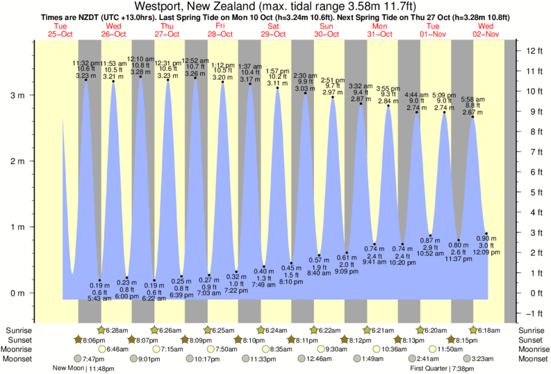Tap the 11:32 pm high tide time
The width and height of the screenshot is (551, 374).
tap(85, 62)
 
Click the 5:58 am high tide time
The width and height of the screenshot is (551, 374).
tap(473, 98)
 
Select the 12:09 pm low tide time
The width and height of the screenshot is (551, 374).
tap(486, 253)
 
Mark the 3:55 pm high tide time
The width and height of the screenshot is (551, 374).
tap(388, 88)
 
